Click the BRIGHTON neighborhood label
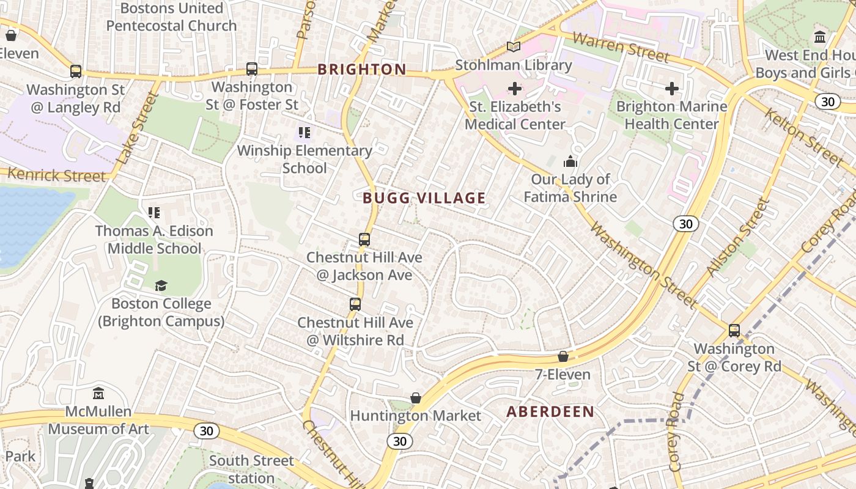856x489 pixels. (362, 69)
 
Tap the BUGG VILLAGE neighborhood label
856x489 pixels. (424, 198)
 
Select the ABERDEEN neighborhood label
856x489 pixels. (550, 412)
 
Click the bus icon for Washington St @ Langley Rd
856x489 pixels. (76, 72)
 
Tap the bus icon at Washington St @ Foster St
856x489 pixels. (252, 69)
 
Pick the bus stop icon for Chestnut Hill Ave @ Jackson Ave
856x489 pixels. (364, 240)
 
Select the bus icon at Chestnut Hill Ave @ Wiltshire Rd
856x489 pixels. (355, 304)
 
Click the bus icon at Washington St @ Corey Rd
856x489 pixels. (734, 331)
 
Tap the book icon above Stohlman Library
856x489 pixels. (514, 47)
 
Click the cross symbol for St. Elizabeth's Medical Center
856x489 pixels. (515, 89)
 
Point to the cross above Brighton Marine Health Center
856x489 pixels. (672, 89)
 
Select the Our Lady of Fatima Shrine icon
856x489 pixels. (570, 162)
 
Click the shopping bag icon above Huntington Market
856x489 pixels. (416, 398)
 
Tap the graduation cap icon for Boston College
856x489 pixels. (161, 285)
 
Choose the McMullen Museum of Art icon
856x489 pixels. (98, 394)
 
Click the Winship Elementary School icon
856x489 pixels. (304, 133)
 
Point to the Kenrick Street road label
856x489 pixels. (56, 175)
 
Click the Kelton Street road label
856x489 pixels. (803, 136)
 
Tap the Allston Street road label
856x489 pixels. (737, 238)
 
